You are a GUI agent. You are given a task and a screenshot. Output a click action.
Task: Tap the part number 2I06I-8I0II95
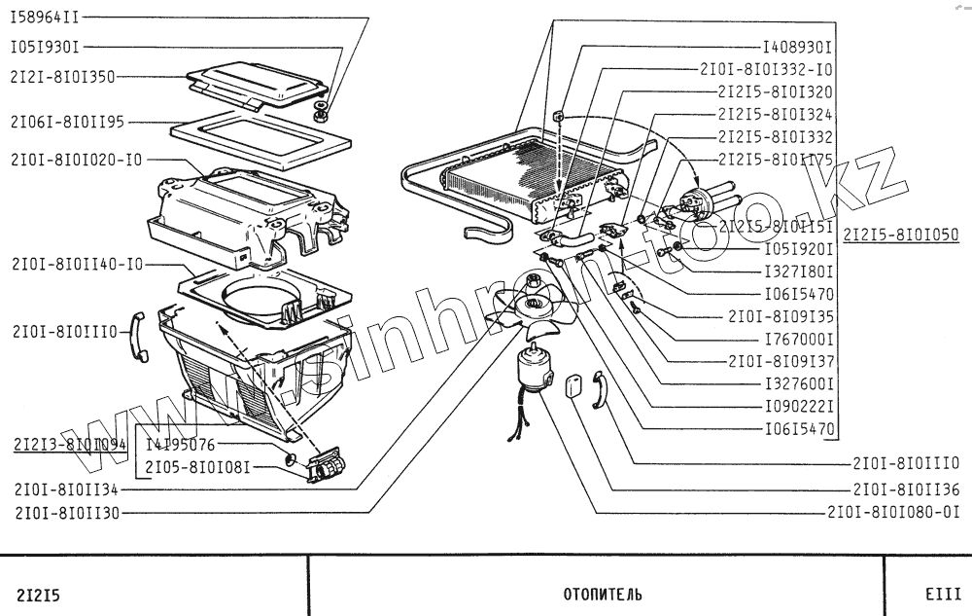point(67,123)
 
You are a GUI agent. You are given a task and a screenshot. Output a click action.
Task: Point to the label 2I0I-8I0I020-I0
point(78,159)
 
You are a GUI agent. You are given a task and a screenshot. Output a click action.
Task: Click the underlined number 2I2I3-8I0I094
point(71,445)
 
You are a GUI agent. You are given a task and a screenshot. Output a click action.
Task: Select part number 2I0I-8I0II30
point(67,513)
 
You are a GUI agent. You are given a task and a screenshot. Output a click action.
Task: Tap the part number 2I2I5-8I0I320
point(775,92)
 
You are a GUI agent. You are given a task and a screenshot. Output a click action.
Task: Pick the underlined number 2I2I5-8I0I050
point(900,235)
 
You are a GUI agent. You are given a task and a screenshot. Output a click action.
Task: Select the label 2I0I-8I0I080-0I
point(893,512)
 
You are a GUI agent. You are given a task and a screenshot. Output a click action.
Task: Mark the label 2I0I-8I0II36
point(906,489)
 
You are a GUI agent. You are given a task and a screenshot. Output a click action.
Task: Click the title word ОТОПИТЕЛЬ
point(603,594)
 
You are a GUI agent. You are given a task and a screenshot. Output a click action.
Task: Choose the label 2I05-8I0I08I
point(198,466)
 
